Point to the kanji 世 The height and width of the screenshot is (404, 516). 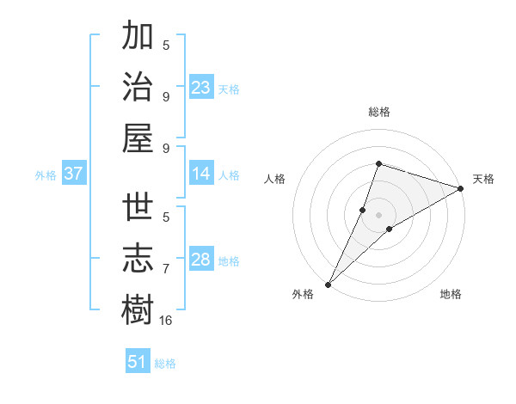pyautogui.click(x=138, y=210)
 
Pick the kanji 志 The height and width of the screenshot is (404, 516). pyautogui.click(x=138, y=260)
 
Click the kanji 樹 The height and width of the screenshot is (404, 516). pyautogui.click(x=138, y=309)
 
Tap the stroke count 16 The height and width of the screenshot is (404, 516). pyautogui.click(x=166, y=320)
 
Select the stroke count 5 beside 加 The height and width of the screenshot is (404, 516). pyautogui.click(x=166, y=46)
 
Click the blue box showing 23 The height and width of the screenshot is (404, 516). pyautogui.click(x=201, y=88)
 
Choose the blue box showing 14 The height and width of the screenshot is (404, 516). pyautogui.click(x=201, y=174)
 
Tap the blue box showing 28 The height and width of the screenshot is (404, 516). pyautogui.click(x=201, y=260)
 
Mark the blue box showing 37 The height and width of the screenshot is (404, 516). pyautogui.click(x=74, y=174)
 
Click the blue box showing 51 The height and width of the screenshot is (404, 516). pyautogui.click(x=138, y=362)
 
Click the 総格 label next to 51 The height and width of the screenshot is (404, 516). pyautogui.click(x=165, y=364)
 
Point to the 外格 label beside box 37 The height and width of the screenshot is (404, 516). pyautogui.click(x=46, y=175)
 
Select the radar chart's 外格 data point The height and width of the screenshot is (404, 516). pyautogui.click(x=329, y=284)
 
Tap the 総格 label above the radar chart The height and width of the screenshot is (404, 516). pyautogui.click(x=378, y=112)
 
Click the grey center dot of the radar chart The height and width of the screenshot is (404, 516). pyautogui.click(x=378, y=214)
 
